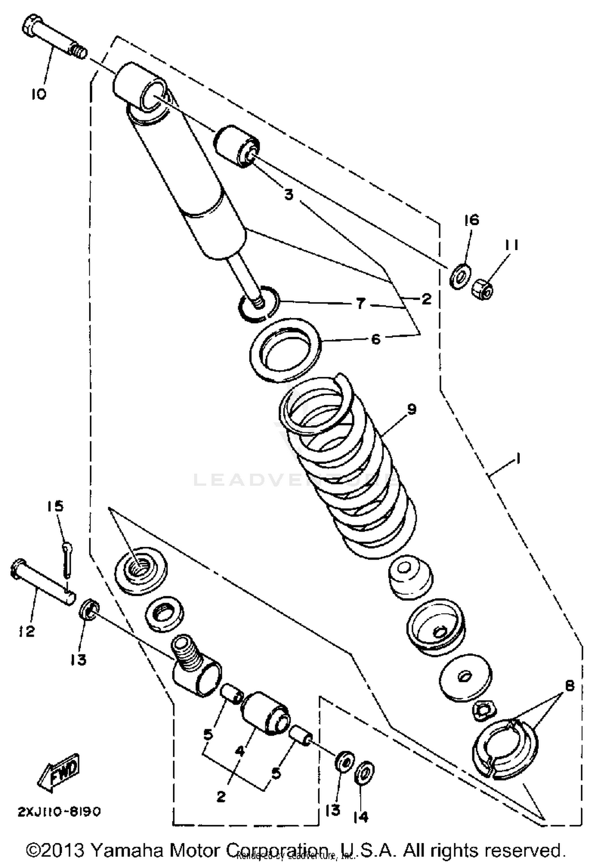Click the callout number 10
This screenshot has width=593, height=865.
point(39,94)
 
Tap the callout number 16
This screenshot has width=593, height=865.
point(471,220)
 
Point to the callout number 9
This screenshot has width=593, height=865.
point(412,409)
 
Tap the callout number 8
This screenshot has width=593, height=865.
point(569,686)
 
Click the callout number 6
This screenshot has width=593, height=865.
point(375,339)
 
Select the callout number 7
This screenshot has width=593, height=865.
point(360,304)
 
